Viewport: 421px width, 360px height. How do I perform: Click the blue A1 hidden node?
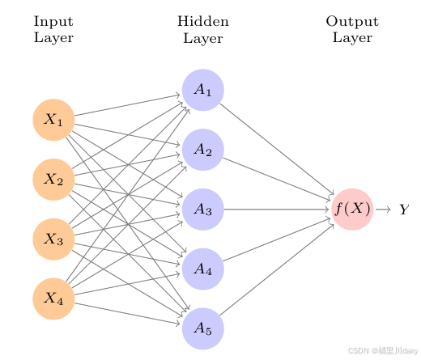click(202, 90)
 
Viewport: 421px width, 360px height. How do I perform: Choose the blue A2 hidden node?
click(202, 150)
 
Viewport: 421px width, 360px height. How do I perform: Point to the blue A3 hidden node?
click(202, 210)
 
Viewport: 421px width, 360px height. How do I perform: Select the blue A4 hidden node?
click(202, 269)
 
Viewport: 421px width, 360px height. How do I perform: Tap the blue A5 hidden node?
click(202, 328)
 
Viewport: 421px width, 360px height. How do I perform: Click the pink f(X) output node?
click(352, 210)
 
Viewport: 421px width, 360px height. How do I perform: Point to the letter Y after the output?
click(405, 210)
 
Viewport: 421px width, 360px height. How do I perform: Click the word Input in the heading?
click(53, 21)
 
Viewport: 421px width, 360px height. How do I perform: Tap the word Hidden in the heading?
click(202, 21)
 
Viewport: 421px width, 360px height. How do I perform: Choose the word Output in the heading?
click(352, 21)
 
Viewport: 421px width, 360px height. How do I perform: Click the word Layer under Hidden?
click(202, 37)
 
